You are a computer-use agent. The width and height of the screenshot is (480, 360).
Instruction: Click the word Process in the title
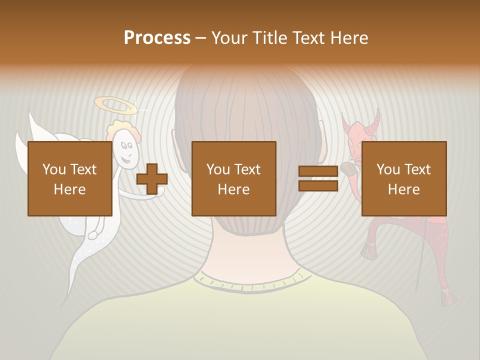[x=157, y=38]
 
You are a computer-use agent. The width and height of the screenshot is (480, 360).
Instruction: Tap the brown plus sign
[x=152, y=179]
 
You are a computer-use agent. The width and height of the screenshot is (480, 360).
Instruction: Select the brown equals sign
[x=318, y=179]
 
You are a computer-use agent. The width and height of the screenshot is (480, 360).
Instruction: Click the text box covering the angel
[x=70, y=178]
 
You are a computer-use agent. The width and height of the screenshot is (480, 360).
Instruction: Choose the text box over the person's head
[x=234, y=178]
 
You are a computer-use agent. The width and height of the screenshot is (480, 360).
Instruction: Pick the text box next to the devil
[x=404, y=178]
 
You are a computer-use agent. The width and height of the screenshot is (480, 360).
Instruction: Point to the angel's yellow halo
[x=115, y=105]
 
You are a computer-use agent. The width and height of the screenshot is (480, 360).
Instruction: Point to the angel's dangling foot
[x=93, y=233]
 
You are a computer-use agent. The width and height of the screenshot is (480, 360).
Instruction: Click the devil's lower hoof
[x=448, y=298]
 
